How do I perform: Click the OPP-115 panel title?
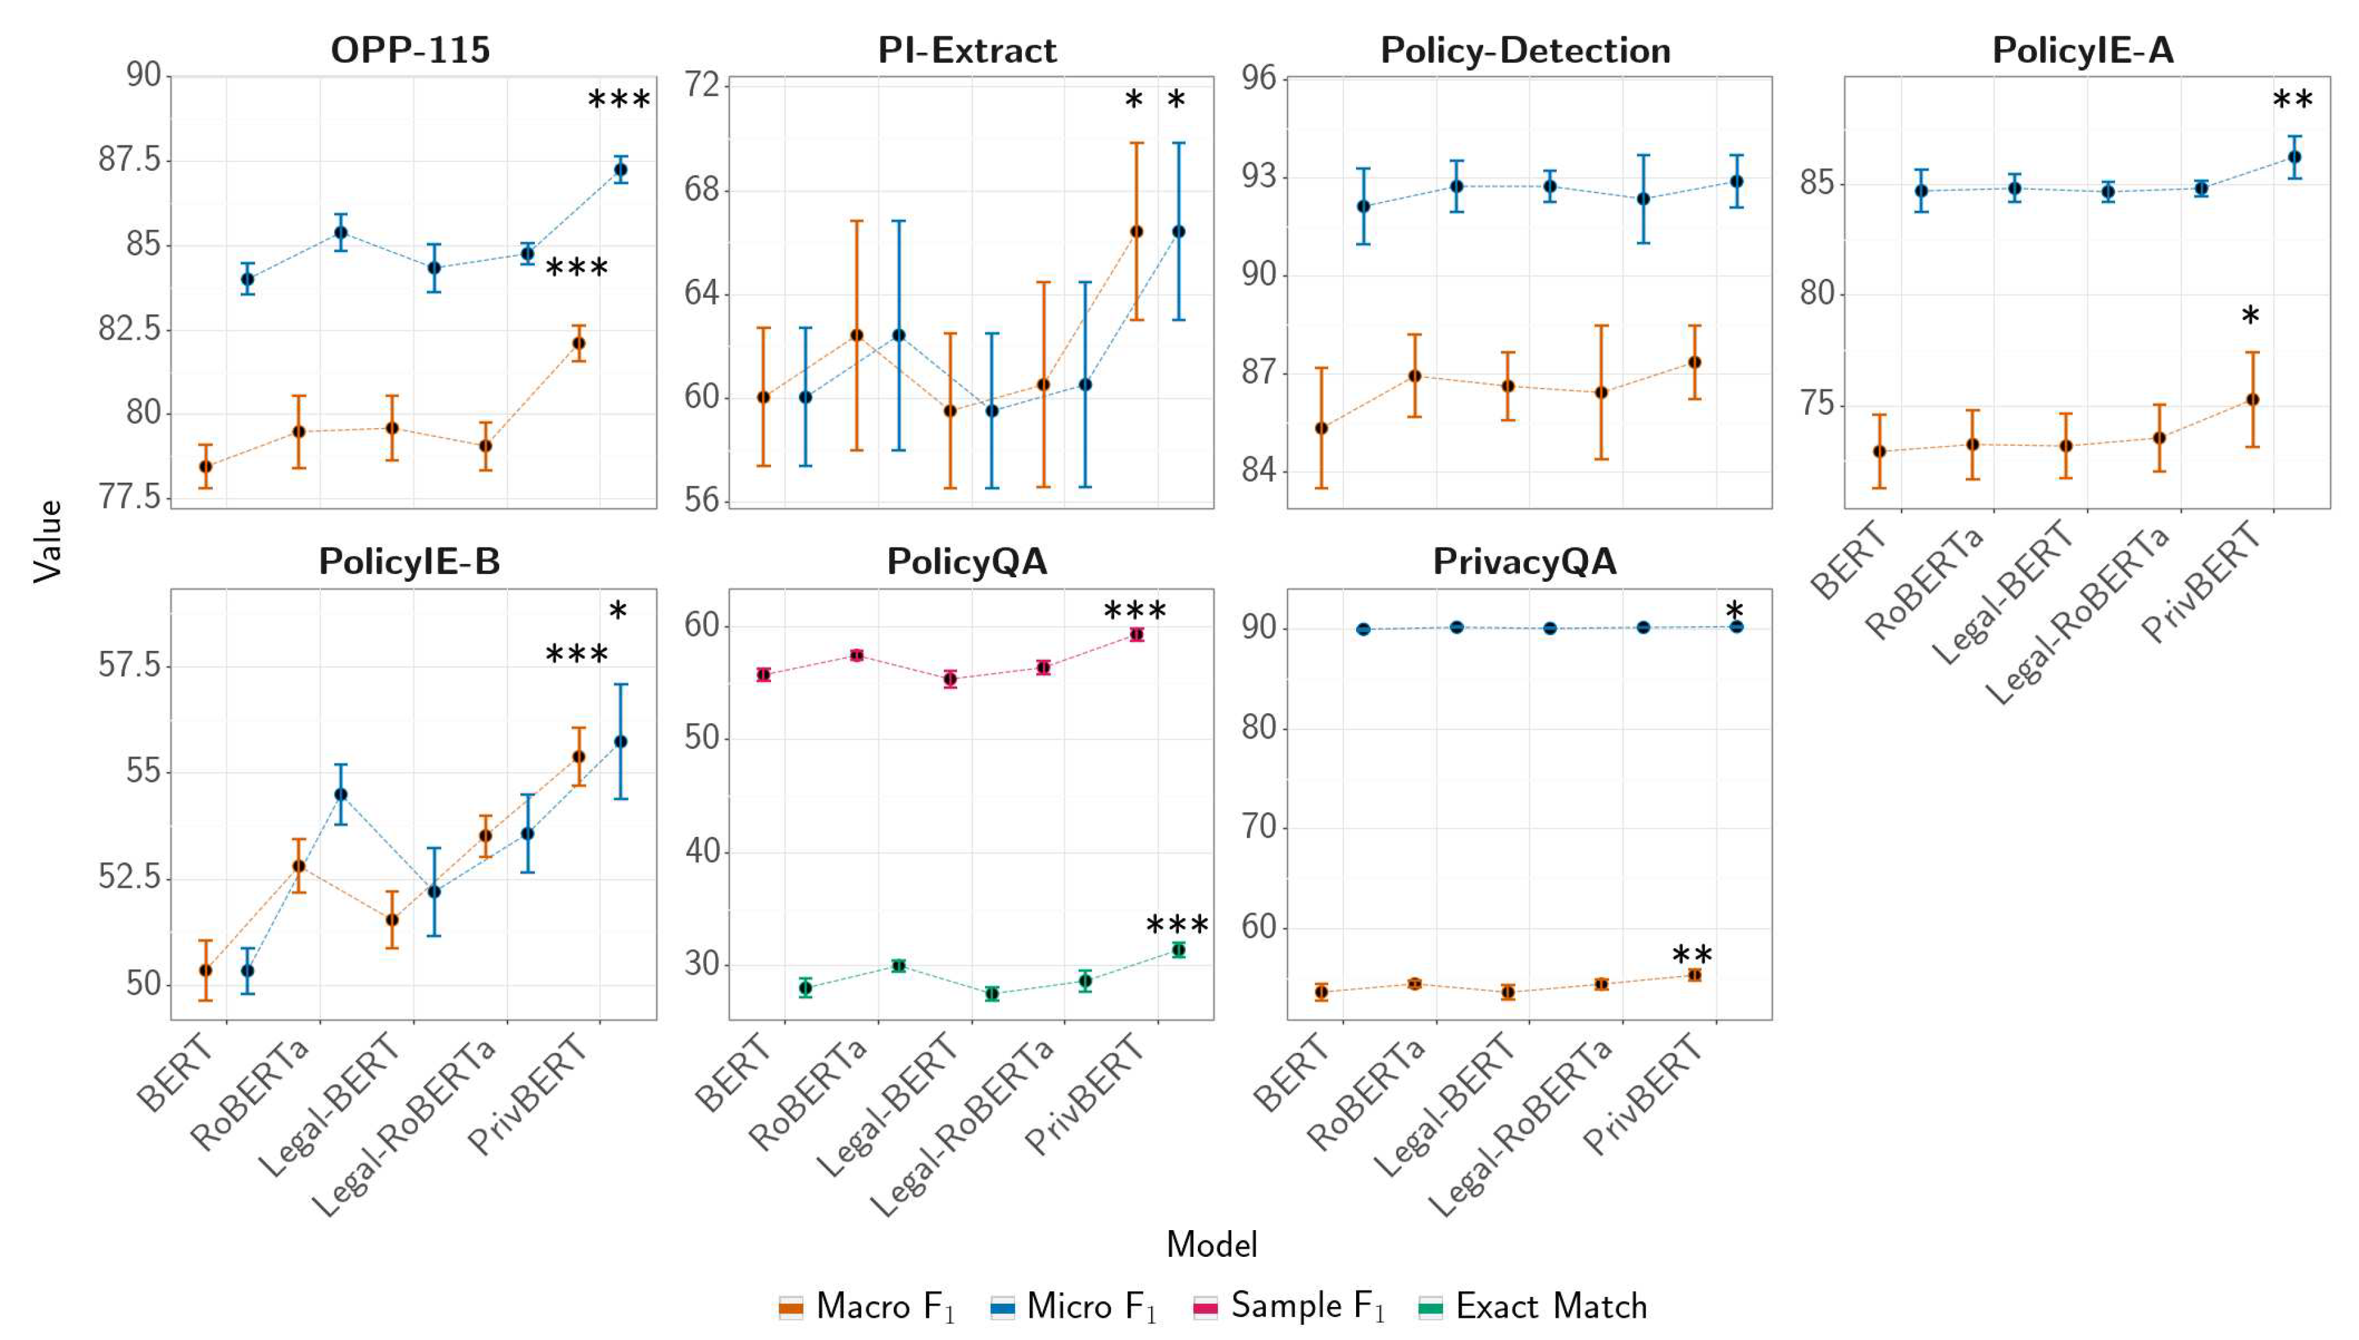[410, 50]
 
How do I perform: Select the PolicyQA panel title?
[967, 561]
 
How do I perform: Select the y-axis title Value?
[48, 541]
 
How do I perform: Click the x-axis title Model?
[1211, 1244]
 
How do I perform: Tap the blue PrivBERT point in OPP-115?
[621, 170]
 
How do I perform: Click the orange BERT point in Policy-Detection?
[1322, 428]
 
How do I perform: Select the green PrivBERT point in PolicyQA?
[1178, 950]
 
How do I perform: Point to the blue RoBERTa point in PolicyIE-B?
[340, 793]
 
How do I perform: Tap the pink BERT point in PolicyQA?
[763, 674]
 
